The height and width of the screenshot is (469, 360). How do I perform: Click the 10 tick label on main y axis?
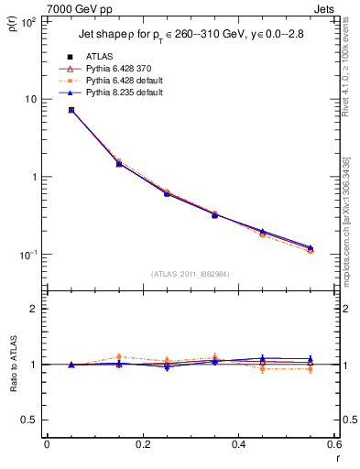[30, 99]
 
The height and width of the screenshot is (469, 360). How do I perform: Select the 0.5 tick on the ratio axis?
[29, 420]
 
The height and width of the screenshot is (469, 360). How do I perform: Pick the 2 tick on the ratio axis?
[34, 309]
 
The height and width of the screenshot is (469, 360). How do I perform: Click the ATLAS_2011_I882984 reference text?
[191, 274]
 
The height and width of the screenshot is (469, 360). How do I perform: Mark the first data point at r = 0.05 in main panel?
[71, 110]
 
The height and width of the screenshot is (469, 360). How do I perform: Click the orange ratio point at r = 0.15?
[119, 357]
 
